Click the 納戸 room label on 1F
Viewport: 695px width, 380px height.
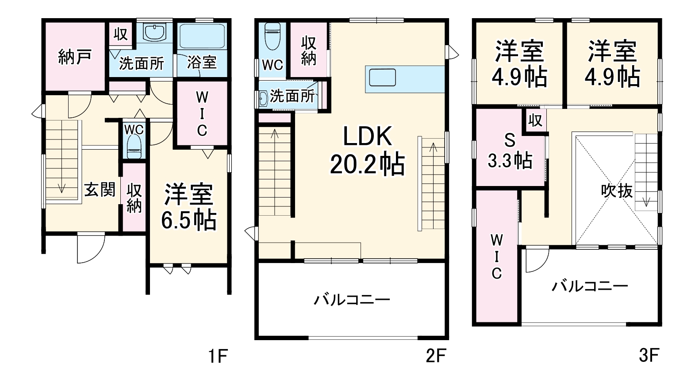click(x=75, y=57)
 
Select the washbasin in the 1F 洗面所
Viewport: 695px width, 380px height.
click(x=154, y=32)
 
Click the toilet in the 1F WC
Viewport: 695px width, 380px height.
click(x=134, y=146)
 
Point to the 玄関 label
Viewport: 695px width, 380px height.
click(x=100, y=190)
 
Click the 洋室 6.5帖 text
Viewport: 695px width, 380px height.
click(x=189, y=207)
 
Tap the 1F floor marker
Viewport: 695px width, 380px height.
click(x=218, y=356)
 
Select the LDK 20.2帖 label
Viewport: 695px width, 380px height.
click(x=367, y=151)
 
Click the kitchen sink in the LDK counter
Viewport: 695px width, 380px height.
click(x=383, y=77)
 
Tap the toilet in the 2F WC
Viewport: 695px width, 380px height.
click(x=270, y=37)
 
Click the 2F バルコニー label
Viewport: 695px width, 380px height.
click(x=352, y=300)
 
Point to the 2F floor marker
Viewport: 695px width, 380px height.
click(x=436, y=356)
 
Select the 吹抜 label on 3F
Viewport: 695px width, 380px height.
click(x=617, y=191)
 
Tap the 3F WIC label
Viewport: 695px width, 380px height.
click(x=496, y=257)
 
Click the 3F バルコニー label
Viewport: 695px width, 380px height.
click(x=590, y=286)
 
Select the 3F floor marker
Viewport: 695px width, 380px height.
click(x=649, y=356)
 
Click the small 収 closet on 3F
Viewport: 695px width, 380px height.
click(x=535, y=120)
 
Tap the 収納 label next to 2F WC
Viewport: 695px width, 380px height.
click(x=309, y=51)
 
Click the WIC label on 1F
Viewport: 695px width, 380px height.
click(x=202, y=113)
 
